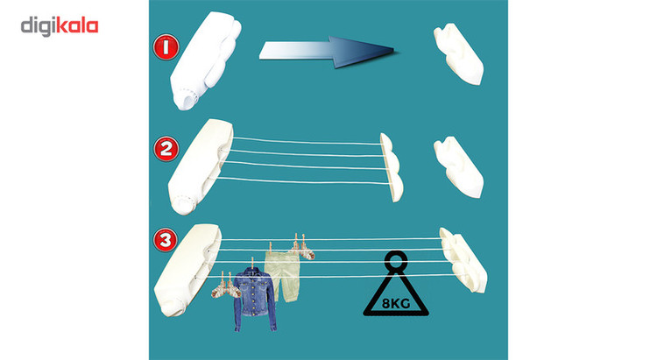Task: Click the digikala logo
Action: coord(60,26)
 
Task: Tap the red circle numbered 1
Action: coord(166,47)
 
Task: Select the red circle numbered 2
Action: coord(166,149)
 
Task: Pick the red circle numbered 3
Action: coord(165,240)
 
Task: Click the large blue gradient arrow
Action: coord(326,52)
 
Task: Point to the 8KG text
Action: coord(396,303)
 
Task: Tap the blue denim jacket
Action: coord(255,300)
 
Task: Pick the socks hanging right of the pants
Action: coord(303,249)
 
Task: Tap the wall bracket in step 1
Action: coord(458,53)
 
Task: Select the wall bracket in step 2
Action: coord(458,166)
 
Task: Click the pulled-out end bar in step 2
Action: coord(392,166)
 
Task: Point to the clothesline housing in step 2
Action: coord(200,166)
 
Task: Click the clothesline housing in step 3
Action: coord(187,270)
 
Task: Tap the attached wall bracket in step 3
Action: coord(463,260)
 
